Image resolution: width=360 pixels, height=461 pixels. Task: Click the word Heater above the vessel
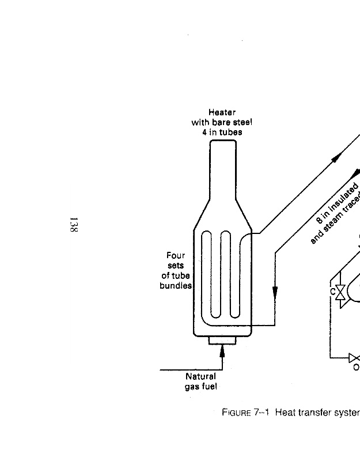point(222,112)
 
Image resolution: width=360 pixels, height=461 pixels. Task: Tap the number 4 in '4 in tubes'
point(196,132)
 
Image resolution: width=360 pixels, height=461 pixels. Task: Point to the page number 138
point(73,225)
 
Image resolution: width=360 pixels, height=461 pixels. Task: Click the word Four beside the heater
point(176,255)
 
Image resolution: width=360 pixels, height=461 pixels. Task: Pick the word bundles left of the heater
point(176,286)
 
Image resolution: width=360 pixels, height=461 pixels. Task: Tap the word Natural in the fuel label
point(200,377)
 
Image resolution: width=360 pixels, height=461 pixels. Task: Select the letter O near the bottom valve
point(355,367)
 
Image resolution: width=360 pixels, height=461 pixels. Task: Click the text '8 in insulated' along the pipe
point(338,203)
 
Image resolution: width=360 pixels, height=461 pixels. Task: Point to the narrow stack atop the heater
point(222,167)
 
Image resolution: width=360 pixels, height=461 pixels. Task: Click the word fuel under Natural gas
point(209,387)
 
